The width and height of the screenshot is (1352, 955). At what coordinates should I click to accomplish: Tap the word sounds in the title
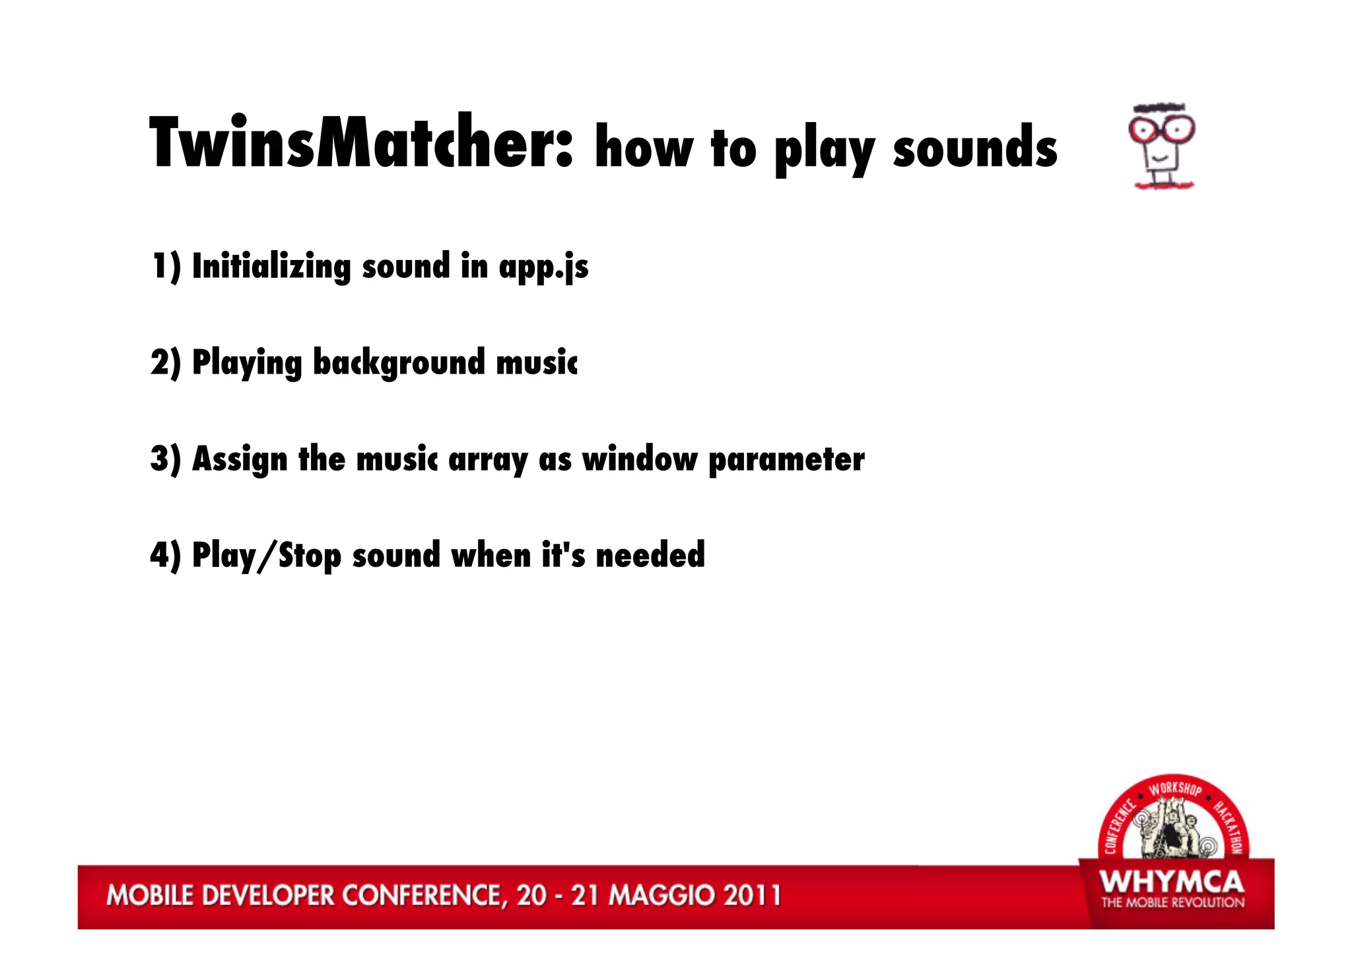point(975,148)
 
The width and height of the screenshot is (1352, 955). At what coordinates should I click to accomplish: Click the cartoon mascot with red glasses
point(1163,147)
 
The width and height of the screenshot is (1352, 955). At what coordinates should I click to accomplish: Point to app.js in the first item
point(543,267)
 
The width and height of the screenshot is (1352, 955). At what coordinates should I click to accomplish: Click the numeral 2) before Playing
point(165,363)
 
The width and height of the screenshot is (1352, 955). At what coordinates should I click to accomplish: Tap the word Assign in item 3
point(240,459)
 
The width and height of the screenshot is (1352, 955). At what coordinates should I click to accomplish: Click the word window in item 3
point(639,459)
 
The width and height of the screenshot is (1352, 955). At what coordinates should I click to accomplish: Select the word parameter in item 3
point(786,459)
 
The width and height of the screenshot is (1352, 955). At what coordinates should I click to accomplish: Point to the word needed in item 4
point(650,555)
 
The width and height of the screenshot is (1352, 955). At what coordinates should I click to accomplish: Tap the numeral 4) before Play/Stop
point(165,555)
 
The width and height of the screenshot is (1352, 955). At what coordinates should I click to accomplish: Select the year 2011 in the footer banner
point(752,896)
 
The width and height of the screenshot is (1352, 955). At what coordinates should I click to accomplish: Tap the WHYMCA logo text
point(1172,882)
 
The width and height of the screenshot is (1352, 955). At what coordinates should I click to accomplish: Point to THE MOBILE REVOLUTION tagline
point(1172,902)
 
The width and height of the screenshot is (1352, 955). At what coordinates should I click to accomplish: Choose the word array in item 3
point(488,459)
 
